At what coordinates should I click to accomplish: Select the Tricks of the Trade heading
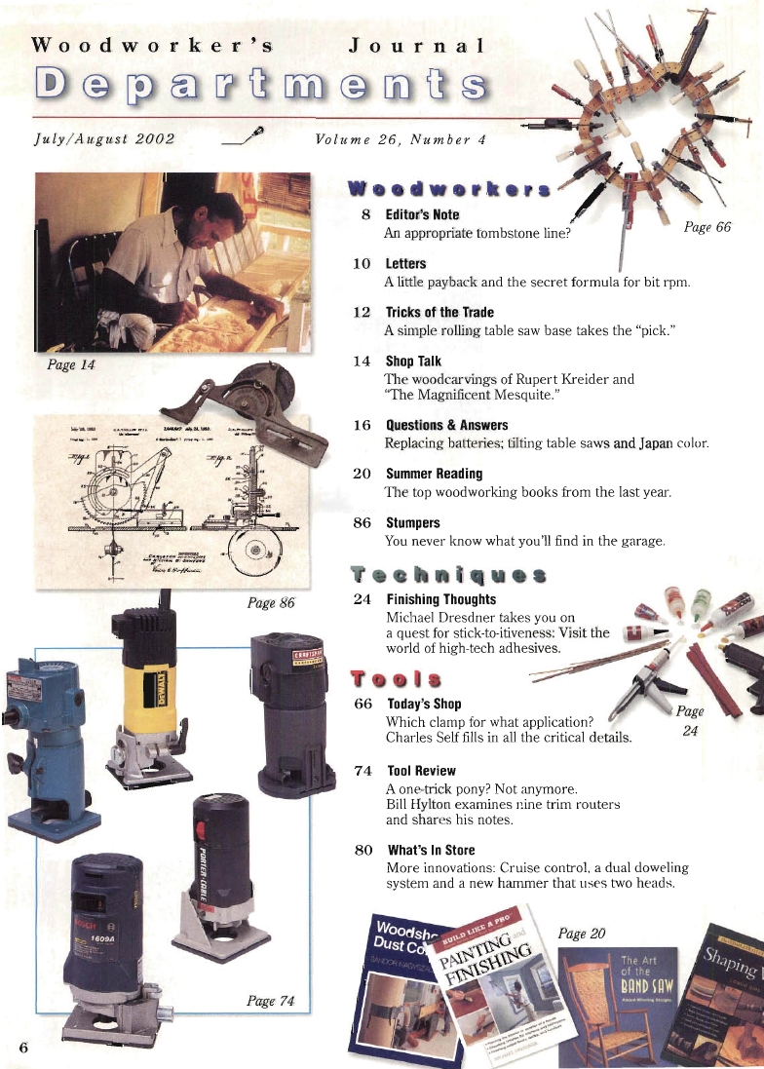[439, 313]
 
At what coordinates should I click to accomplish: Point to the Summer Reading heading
[434, 474]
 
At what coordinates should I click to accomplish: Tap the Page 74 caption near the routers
[270, 1001]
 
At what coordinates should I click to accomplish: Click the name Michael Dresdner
[433, 618]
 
